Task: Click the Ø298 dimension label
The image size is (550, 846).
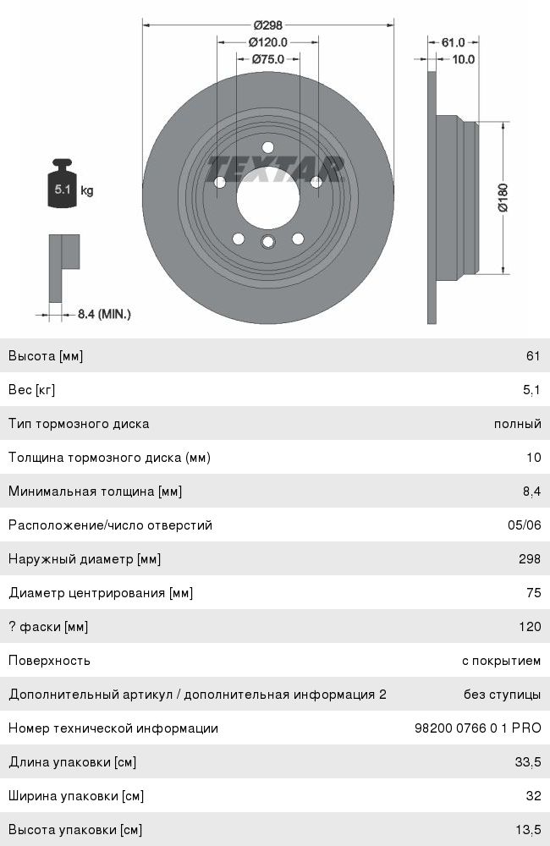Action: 267,25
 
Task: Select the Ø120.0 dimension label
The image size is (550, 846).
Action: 267,42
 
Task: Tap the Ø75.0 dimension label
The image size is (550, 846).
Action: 267,59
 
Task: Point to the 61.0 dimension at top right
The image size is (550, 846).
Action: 454,42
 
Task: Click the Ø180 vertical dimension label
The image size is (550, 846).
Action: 502,198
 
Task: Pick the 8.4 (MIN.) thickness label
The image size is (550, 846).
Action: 104,314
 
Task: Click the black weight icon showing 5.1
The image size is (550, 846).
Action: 63,184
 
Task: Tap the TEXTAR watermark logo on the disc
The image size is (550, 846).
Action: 276,168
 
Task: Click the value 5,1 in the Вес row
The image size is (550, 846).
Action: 531,390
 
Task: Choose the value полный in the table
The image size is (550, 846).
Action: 517,424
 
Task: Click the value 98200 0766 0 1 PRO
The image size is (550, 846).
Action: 477,728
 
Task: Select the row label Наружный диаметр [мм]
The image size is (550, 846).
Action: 85,559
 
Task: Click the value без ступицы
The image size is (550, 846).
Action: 502,695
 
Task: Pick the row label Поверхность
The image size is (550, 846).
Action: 49,661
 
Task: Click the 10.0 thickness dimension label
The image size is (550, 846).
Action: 463,59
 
